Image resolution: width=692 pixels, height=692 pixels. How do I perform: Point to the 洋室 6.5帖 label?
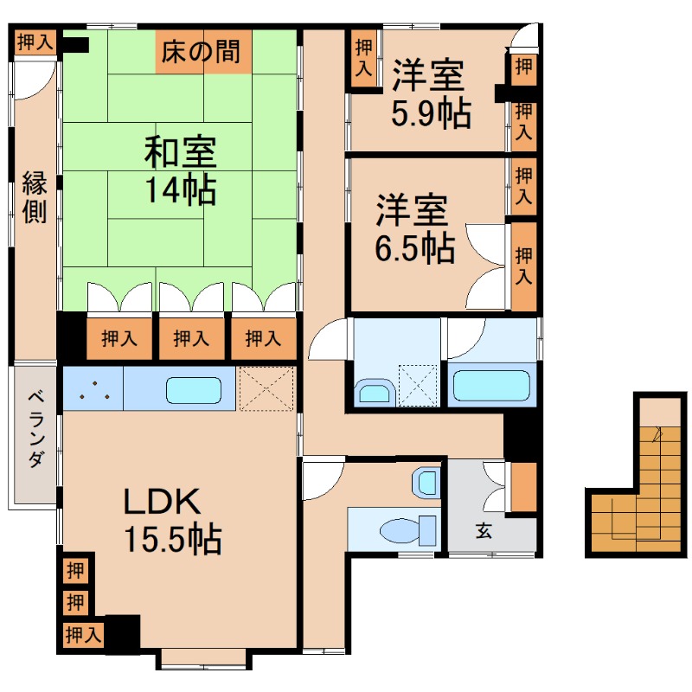pos(413,229)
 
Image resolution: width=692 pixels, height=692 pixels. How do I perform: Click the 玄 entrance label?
pos(482,531)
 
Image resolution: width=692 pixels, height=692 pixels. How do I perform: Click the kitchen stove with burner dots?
pos(93,388)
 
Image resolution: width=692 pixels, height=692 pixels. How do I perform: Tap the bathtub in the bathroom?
pos(490,386)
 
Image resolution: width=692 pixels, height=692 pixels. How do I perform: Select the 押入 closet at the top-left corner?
pos(35,42)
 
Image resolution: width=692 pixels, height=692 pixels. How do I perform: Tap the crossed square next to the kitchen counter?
pos(267,388)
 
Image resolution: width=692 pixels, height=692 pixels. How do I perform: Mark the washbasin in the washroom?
pos(374,394)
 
